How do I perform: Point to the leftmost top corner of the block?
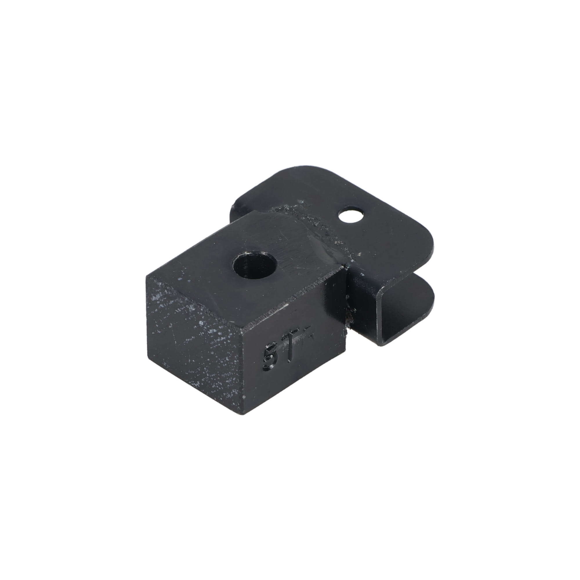click(147, 276)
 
